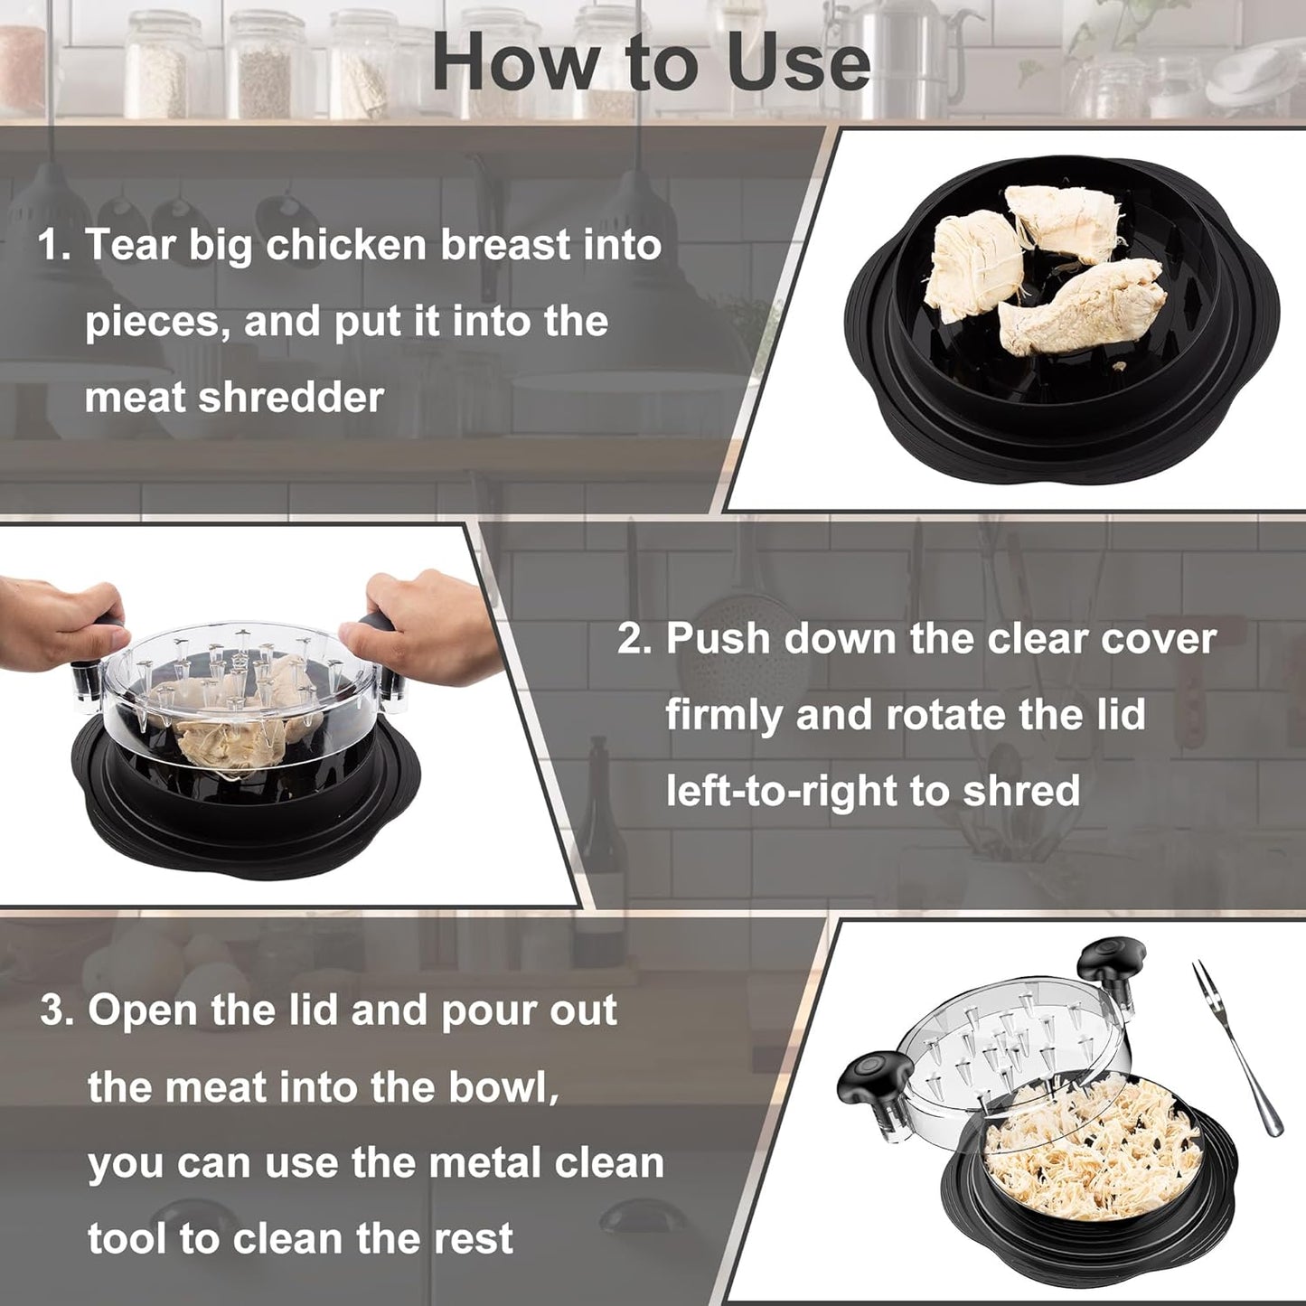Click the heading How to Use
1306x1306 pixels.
point(651,62)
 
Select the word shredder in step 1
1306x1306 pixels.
point(291,398)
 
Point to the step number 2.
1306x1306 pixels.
point(634,639)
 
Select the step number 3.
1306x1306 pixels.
point(58,1010)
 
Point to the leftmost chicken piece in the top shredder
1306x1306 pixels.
point(972,266)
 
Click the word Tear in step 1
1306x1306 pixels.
point(129,246)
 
